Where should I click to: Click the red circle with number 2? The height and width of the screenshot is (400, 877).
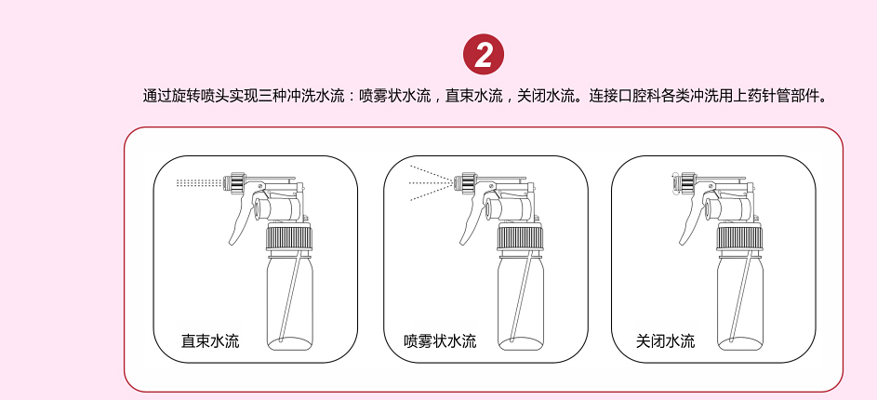pyautogui.click(x=484, y=55)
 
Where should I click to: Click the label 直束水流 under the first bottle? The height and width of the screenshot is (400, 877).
pyautogui.click(x=210, y=340)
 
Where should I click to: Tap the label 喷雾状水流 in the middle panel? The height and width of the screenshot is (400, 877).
pyautogui.click(x=440, y=340)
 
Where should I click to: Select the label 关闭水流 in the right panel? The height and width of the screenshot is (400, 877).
pyautogui.click(x=666, y=340)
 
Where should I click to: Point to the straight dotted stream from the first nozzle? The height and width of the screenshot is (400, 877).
pyautogui.click(x=198, y=182)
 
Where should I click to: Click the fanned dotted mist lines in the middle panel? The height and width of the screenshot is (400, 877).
pyautogui.click(x=431, y=182)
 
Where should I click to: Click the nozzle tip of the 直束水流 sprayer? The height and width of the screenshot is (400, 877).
pyautogui.click(x=226, y=182)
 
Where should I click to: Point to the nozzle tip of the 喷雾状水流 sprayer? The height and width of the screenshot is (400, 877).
pyautogui.click(x=457, y=182)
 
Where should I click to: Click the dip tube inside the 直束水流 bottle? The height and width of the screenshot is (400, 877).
pyautogui.click(x=292, y=296)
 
